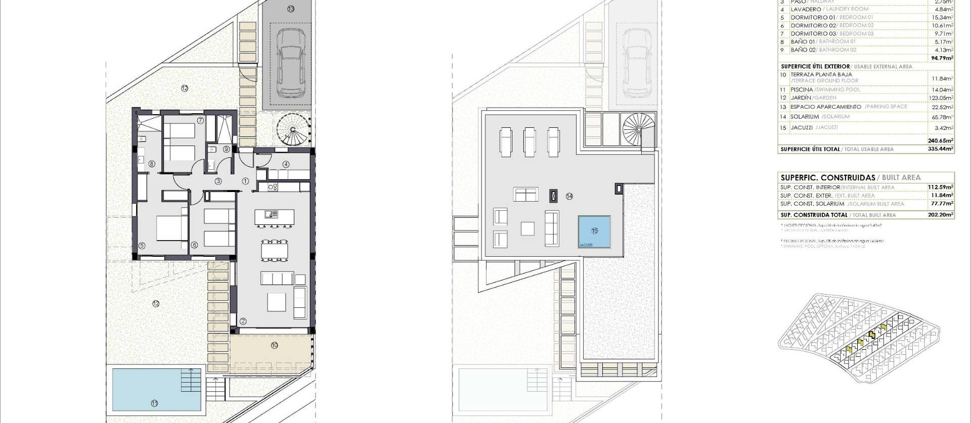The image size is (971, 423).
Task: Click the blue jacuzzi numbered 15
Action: click(x=594, y=231)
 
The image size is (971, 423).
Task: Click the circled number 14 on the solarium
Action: click(x=569, y=197)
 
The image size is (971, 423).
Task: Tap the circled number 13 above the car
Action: click(x=290, y=9)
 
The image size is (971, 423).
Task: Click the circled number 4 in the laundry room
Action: click(x=286, y=164)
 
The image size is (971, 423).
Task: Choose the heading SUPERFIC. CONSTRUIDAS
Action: click(x=827, y=178)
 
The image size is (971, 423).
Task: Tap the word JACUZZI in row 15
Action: click(x=801, y=128)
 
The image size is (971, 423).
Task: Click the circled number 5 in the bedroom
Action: click(x=142, y=246)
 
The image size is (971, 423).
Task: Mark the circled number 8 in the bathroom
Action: click(x=152, y=163)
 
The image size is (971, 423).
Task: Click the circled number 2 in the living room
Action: click(x=243, y=321)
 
